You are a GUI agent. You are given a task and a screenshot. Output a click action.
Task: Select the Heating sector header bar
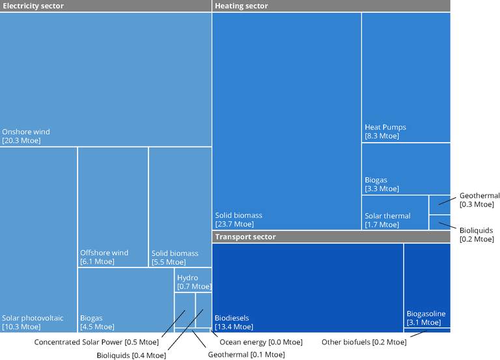click(x=242, y=6)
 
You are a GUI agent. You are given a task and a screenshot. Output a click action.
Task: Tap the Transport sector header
click(x=245, y=237)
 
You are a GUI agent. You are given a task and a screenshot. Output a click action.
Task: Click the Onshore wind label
click(x=26, y=136)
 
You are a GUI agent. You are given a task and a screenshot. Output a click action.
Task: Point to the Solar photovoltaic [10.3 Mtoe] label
click(x=33, y=322)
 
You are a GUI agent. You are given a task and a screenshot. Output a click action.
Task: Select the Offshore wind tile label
click(x=104, y=257)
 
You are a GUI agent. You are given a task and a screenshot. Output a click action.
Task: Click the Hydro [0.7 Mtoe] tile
click(x=193, y=282)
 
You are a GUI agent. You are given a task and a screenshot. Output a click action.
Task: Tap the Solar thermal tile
click(x=387, y=220)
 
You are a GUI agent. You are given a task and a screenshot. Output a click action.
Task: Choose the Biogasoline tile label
click(x=426, y=318)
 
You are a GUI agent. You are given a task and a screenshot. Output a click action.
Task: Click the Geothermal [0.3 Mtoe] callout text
click(x=479, y=200)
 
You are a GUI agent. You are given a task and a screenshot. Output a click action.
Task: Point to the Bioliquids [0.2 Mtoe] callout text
click(x=477, y=234)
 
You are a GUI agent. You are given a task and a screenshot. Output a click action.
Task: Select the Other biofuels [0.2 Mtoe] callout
click(x=364, y=342)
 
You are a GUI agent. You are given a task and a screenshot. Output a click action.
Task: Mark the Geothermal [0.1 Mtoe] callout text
click(x=246, y=355)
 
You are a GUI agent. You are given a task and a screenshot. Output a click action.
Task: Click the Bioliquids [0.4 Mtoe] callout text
click(x=131, y=355)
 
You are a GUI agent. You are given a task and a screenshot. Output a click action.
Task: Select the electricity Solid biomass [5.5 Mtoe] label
click(x=174, y=257)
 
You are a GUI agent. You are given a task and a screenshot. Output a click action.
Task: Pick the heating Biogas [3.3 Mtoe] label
click(x=382, y=184)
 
